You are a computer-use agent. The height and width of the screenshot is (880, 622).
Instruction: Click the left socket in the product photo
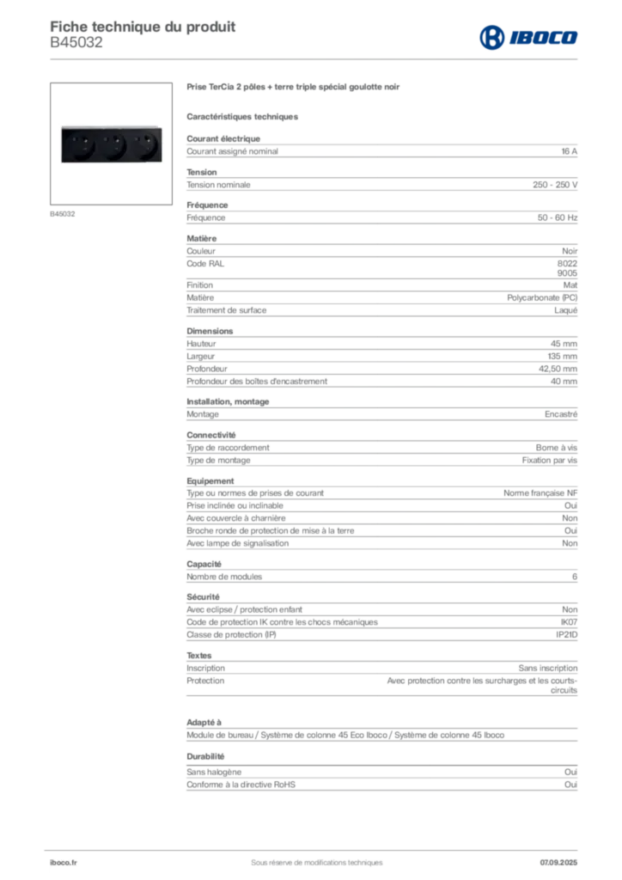83,144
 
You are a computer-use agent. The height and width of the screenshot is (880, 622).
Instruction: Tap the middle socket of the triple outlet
110,144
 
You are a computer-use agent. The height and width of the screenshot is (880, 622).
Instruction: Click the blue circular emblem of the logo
491,37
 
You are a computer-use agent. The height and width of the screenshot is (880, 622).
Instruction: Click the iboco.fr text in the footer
62,862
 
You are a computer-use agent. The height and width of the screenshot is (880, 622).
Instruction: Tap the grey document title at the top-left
143,25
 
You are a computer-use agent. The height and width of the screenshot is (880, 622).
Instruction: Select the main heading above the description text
295,89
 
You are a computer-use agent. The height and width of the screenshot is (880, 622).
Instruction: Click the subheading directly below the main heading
244,116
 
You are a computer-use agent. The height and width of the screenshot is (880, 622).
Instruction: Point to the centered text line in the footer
310,856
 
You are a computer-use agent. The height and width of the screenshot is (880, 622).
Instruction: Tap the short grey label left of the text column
60,211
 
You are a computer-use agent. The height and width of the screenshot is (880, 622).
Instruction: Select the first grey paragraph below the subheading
381,151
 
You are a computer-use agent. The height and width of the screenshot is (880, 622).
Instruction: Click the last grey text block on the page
381,783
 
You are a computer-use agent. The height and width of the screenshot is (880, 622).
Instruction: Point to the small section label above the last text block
207,755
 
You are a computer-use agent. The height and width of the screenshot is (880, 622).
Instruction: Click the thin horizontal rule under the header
344,58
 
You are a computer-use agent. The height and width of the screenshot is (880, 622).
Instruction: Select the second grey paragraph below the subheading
381,181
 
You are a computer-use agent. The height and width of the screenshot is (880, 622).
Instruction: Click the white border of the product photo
110,119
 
